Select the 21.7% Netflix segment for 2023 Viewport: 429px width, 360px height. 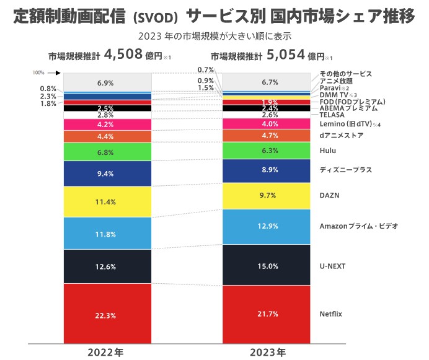pos(267,314)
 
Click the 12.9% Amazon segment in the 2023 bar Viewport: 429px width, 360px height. pos(267,227)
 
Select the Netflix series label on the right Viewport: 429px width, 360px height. pos(331,314)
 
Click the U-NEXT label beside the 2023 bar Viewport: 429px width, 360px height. pos(332,266)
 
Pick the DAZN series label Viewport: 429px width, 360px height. pos(329,195)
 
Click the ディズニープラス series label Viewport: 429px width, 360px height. pos(345,169)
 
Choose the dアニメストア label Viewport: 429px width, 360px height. pos(341,135)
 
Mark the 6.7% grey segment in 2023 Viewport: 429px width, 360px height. pos(267,82)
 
